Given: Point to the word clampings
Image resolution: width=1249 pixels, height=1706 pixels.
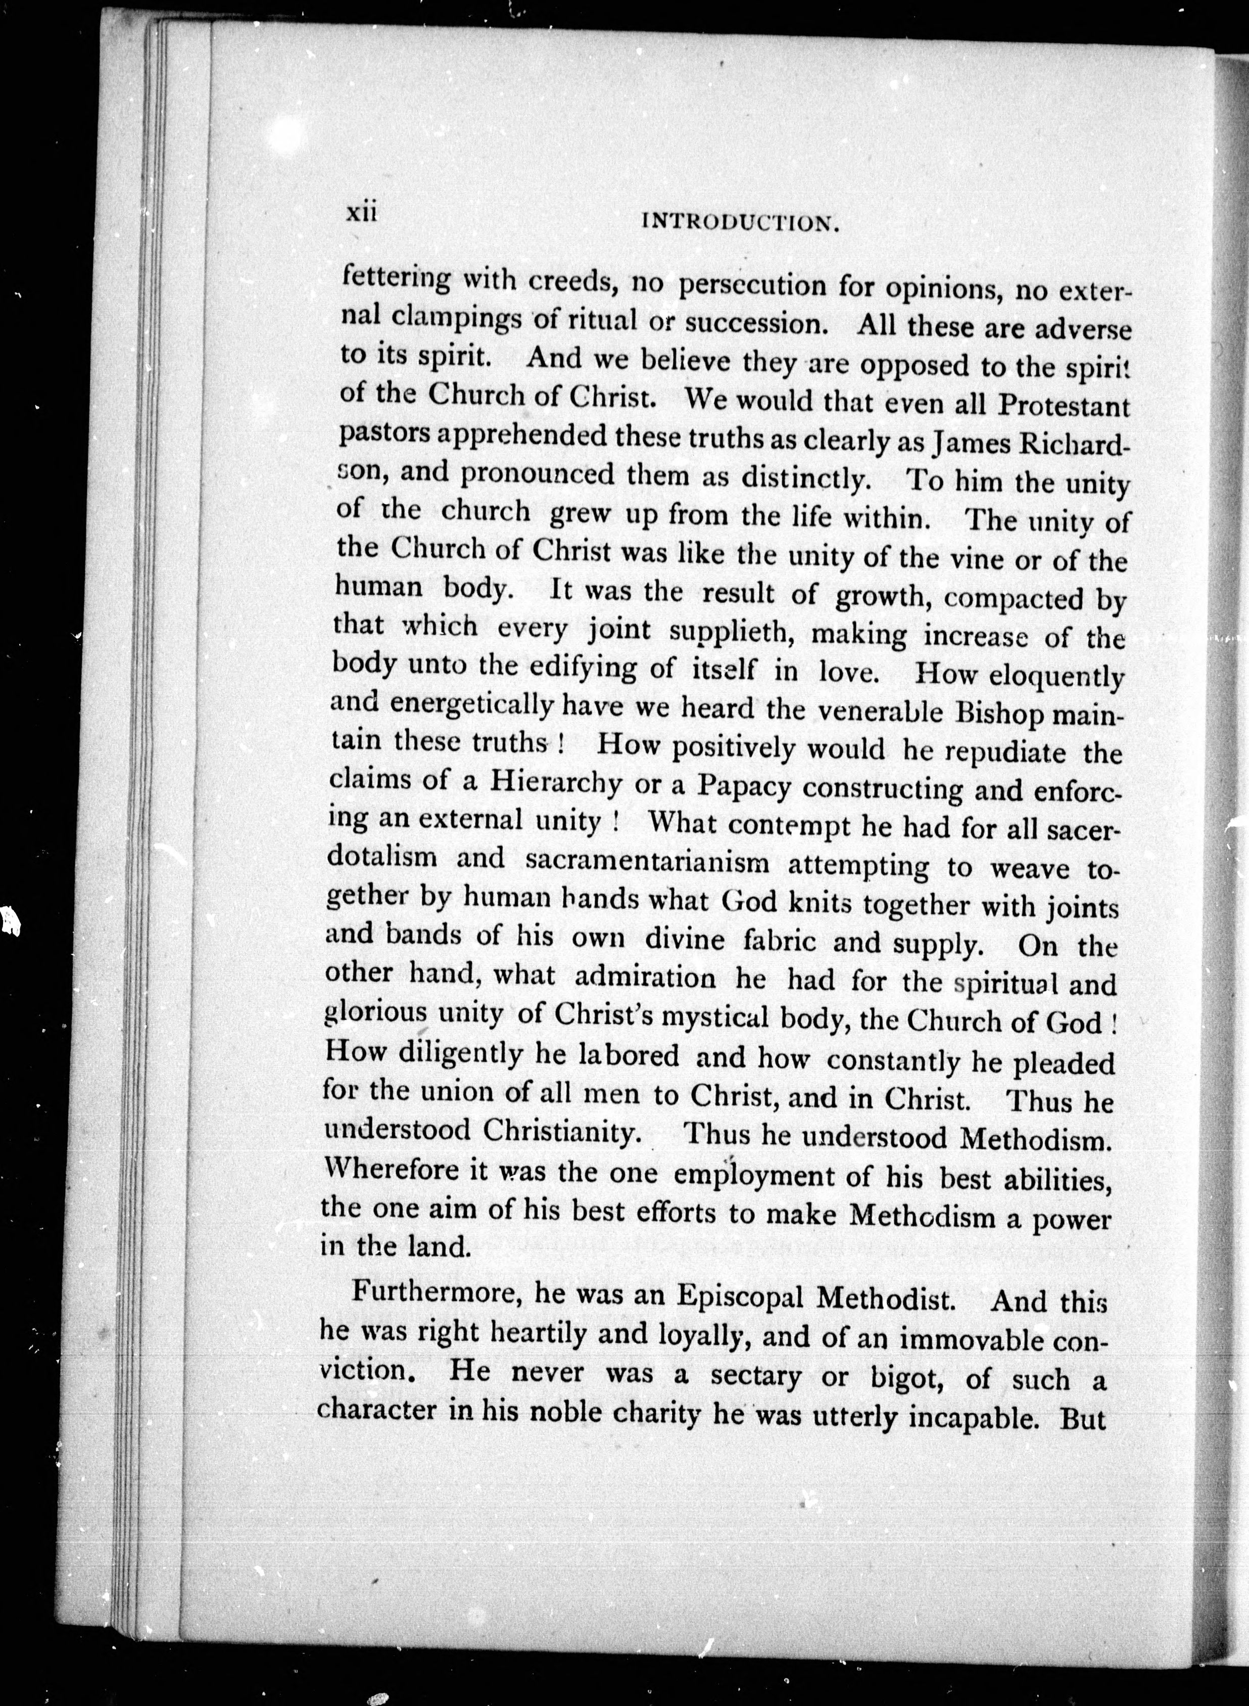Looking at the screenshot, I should (x=457, y=320).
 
